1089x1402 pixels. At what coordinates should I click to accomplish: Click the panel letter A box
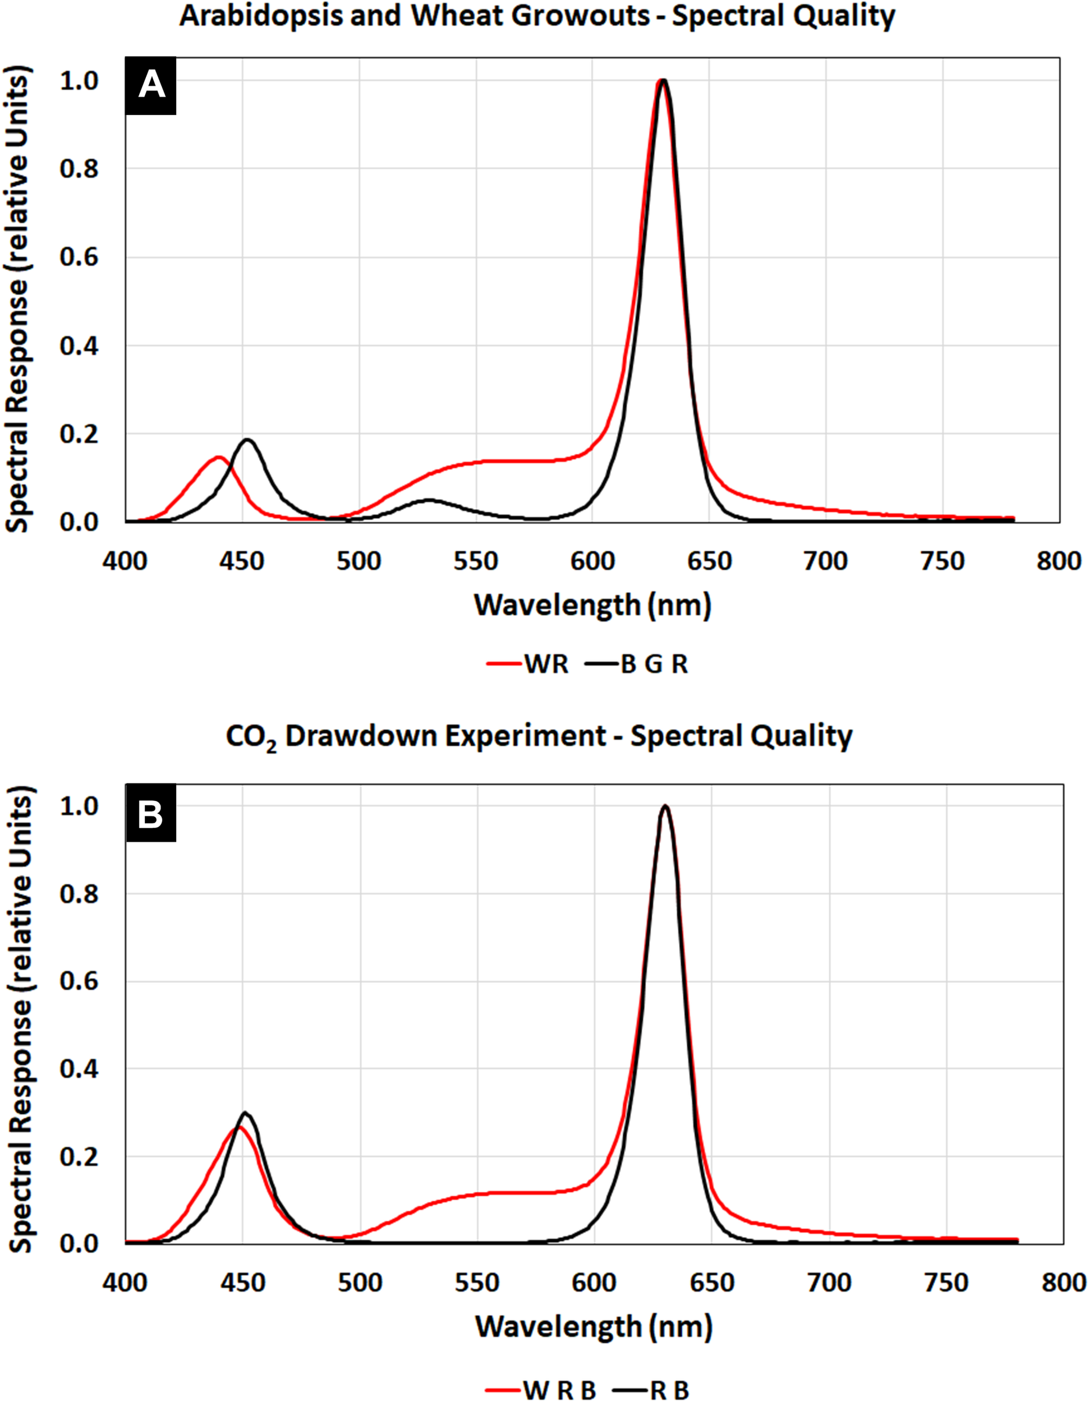pyautogui.click(x=151, y=85)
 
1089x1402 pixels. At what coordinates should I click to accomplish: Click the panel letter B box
pyautogui.click(x=151, y=816)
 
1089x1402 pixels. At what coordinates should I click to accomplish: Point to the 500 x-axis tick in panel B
pyautogui.click(x=360, y=1283)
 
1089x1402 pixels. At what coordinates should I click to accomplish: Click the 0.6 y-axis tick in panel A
pyautogui.click(x=79, y=257)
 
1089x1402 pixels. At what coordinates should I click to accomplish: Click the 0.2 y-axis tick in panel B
pyautogui.click(x=79, y=1157)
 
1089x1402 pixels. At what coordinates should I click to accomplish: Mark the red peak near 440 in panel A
pyautogui.click(x=218, y=458)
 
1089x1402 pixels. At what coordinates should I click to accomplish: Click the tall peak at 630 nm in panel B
pyautogui.click(x=665, y=806)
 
